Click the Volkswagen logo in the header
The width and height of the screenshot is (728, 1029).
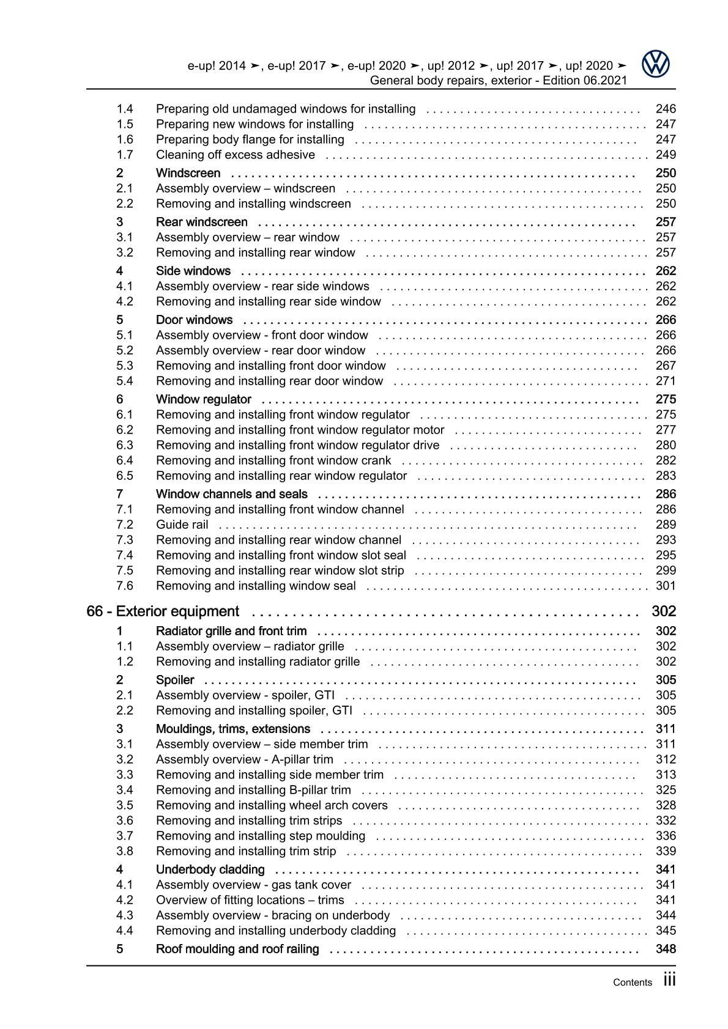tap(656, 64)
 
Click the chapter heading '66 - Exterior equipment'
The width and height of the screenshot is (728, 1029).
tap(163, 611)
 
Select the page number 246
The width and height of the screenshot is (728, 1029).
tap(665, 109)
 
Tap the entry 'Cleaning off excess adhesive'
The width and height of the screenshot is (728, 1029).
tap(236, 155)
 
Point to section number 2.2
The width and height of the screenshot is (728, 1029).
tap(125, 204)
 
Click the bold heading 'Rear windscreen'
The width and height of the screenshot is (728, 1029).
tap(202, 222)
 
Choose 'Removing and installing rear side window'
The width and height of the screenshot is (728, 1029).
tap(268, 301)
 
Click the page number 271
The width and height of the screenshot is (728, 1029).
tap(665, 381)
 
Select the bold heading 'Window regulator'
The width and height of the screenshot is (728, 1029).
tap(204, 399)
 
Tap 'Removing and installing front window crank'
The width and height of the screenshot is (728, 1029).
tap(273, 460)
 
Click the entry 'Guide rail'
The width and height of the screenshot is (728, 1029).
tap(182, 525)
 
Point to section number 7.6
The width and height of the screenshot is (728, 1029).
tap(125, 586)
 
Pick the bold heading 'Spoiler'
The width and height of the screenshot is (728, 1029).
tap(175, 680)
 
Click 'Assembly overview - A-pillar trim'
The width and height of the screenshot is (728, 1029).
tap(245, 759)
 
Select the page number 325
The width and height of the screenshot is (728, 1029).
tap(665, 790)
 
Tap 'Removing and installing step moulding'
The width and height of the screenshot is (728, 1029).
tap(261, 836)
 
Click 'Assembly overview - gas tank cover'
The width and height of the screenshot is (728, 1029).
tap(253, 885)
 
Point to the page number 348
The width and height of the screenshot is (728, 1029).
tap(665, 949)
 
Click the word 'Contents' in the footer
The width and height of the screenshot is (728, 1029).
tap(633, 983)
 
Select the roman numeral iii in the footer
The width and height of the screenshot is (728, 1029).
tap(669, 981)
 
